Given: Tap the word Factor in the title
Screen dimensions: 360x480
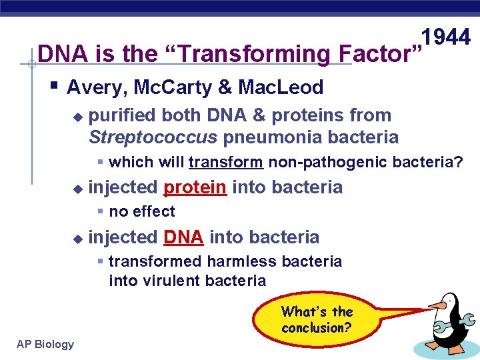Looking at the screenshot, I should pos(376,53).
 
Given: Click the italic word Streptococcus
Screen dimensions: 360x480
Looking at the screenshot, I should pos(153,137).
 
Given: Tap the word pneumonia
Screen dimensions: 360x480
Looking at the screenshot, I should pos(273,137).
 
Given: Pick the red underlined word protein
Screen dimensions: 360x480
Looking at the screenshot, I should pos(195,187).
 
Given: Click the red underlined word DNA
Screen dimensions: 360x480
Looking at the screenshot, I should pos(183,237).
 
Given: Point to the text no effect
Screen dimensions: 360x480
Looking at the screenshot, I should pos(141,212).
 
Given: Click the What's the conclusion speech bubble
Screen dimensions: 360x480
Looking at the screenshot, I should pos(317,319).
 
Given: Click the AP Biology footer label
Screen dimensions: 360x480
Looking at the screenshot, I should pos(45,344).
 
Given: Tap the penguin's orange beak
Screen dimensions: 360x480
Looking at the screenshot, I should pos(437,305).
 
